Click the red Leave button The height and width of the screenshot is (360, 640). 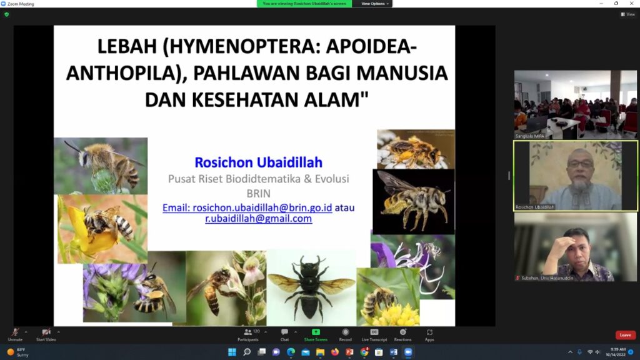(x=625, y=335)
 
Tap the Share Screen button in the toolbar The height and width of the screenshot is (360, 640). (x=316, y=334)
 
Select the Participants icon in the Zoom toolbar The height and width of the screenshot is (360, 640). (x=248, y=334)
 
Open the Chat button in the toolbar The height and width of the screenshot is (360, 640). (x=284, y=334)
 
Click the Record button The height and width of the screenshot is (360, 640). (x=345, y=334)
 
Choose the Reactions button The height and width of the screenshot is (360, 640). (x=402, y=334)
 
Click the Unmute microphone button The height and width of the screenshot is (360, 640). (x=15, y=334)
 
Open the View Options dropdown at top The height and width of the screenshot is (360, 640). (x=374, y=4)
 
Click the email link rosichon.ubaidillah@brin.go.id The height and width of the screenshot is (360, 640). (x=247, y=207)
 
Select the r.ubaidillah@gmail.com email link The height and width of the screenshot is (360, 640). (x=258, y=219)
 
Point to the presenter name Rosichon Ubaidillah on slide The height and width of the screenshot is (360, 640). (x=258, y=162)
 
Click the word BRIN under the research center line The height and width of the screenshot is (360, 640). (x=258, y=193)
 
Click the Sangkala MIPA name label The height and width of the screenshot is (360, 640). (x=530, y=136)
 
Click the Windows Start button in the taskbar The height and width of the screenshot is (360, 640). (x=232, y=352)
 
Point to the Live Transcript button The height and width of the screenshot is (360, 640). (x=374, y=334)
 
